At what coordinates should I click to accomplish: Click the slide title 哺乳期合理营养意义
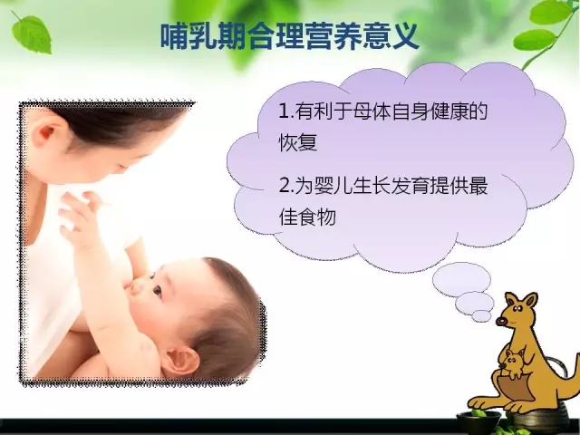tap(290, 37)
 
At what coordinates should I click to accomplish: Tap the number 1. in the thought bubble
tap(286, 111)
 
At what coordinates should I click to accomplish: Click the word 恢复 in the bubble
tap(298, 141)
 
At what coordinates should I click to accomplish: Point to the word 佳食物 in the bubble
tap(307, 217)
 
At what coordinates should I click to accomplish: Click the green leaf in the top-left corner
tap(32, 34)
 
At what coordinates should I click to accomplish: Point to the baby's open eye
tap(157, 290)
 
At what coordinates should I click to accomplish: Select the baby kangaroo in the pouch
tap(513, 364)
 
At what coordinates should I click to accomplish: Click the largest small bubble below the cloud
tap(461, 280)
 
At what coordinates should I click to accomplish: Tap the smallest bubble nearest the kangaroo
tap(481, 315)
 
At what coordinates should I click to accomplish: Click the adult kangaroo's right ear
tap(530, 302)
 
